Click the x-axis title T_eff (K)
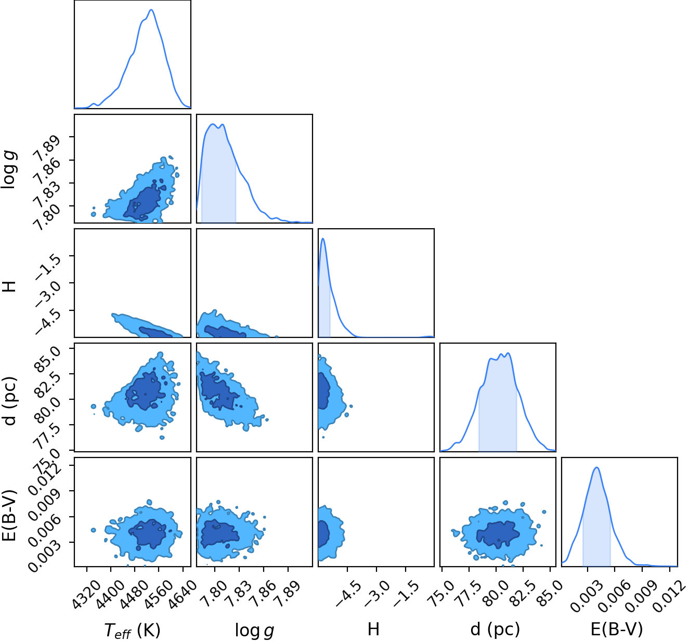pos(132,630)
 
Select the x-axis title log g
pos(254,630)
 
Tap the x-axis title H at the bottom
pos(373,629)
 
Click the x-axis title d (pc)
pos(495,630)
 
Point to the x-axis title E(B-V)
pos(617,630)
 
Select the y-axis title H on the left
pos(9,286)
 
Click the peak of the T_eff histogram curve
pos(151,10)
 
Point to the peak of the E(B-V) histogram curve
pos(597,467)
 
